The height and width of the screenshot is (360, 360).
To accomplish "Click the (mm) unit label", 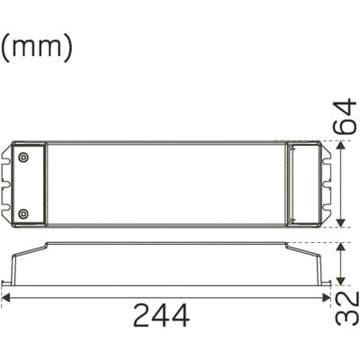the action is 37,49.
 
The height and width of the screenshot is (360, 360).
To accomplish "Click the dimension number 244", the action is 161,315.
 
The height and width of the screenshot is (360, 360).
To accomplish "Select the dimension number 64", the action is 346,116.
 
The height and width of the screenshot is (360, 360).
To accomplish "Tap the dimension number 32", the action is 346,309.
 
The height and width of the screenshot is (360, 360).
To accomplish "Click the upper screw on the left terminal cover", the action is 22,157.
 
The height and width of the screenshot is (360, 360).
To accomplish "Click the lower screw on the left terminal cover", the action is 22,213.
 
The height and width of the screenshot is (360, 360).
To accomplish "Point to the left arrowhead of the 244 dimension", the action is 6,298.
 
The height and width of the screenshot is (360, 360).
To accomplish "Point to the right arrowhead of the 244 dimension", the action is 326,298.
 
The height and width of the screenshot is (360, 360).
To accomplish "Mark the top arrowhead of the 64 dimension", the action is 340,146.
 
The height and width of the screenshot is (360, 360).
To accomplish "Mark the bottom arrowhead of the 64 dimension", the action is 340,222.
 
